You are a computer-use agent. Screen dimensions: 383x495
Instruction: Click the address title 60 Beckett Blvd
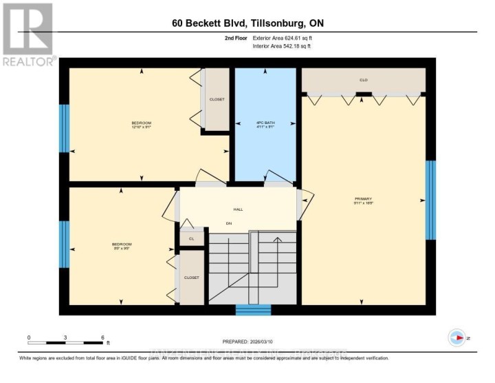(x=247, y=23)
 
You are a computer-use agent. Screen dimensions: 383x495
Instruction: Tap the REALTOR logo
(x=27, y=35)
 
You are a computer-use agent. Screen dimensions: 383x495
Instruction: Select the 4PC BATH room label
(x=264, y=124)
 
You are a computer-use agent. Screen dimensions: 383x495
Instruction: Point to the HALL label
(x=238, y=209)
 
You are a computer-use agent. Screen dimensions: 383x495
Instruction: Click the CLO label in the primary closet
(x=364, y=80)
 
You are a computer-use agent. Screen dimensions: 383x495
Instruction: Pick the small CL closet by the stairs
(x=192, y=238)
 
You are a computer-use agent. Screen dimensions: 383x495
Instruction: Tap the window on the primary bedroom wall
(x=430, y=200)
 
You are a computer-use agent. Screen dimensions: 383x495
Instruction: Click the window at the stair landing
(x=253, y=310)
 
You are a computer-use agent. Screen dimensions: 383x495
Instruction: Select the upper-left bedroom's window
(x=64, y=128)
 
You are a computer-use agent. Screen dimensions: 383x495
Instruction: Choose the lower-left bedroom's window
(x=64, y=245)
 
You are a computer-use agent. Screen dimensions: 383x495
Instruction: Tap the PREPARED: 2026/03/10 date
(x=247, y=342)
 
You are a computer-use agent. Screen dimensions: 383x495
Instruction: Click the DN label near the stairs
(x=229, y=223)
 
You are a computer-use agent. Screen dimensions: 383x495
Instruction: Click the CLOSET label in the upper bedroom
(x=217, y=99)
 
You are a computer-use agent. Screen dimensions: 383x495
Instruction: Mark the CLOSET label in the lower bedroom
(x=191, y=278)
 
